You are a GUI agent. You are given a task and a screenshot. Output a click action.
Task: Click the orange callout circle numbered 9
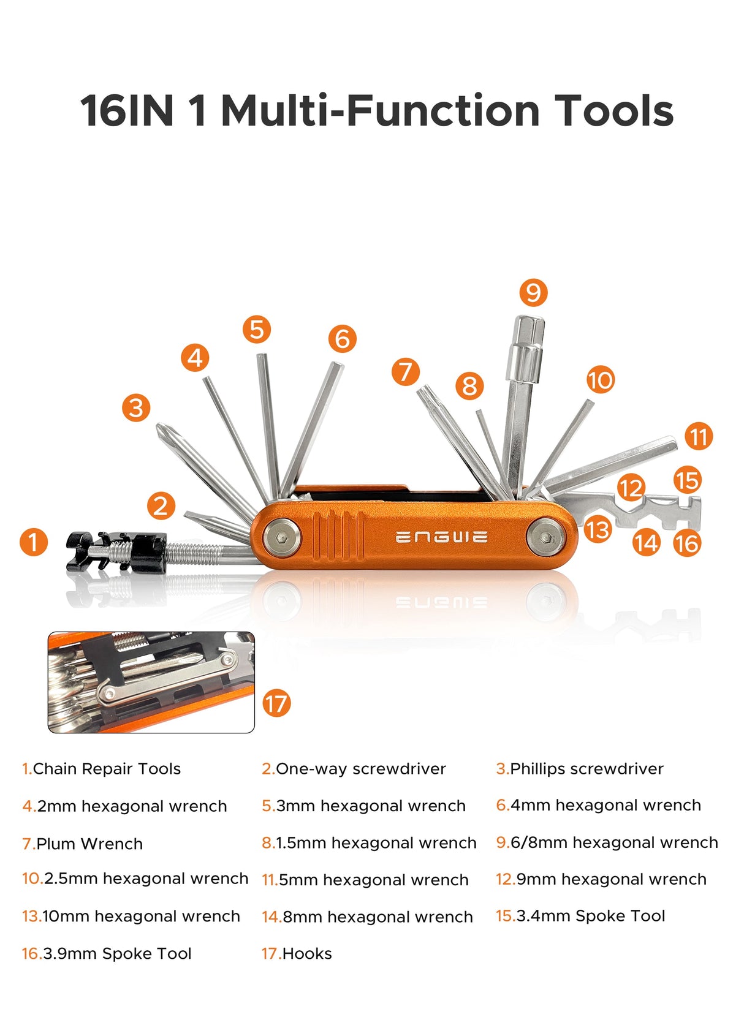533,292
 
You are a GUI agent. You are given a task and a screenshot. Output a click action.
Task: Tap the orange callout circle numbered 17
276,703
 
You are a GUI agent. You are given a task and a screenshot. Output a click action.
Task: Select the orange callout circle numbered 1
33,542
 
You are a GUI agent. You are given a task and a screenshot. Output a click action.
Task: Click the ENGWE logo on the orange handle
441,537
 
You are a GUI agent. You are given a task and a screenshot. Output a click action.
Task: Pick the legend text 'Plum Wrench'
89,844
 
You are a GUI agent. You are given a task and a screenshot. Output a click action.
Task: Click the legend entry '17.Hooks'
297,953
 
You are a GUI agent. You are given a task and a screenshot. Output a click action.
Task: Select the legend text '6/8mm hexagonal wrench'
613,842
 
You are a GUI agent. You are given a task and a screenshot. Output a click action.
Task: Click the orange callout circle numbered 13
598,529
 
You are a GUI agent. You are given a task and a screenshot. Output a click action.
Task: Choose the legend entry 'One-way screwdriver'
360,769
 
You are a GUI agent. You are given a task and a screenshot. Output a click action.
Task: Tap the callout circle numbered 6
342,339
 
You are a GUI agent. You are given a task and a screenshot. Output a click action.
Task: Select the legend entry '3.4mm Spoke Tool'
590,916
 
